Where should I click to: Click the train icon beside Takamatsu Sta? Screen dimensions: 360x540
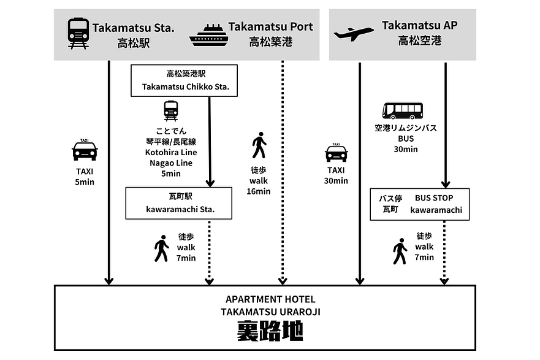tap(78, 34)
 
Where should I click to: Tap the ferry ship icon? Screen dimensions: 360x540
tap(208, 36)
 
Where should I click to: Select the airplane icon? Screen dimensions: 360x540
tap(354, 34)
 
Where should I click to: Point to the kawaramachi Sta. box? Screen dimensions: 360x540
tap(180, 203)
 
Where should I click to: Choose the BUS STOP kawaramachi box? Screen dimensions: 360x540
tap(420, 204)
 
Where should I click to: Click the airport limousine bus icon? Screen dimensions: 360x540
tap(402, 110)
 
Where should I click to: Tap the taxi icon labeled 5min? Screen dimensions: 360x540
tap(85, 150)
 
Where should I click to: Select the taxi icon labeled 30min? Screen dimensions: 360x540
tap(336, 152)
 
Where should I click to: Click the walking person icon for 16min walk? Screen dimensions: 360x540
tap(259, 145)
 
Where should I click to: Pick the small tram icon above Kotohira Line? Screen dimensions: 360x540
tap(171, 111)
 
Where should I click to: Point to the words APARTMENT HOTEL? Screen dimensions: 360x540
tap(270, 299)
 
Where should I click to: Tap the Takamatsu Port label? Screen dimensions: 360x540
tap(270, 27)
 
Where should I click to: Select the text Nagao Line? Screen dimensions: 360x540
tap(169, 163)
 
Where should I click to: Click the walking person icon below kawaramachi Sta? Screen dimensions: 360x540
tap(161, 248)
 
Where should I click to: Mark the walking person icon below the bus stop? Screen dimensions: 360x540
tap(400, 251)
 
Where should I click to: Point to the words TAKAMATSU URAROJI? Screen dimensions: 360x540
tap(270, 312)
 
